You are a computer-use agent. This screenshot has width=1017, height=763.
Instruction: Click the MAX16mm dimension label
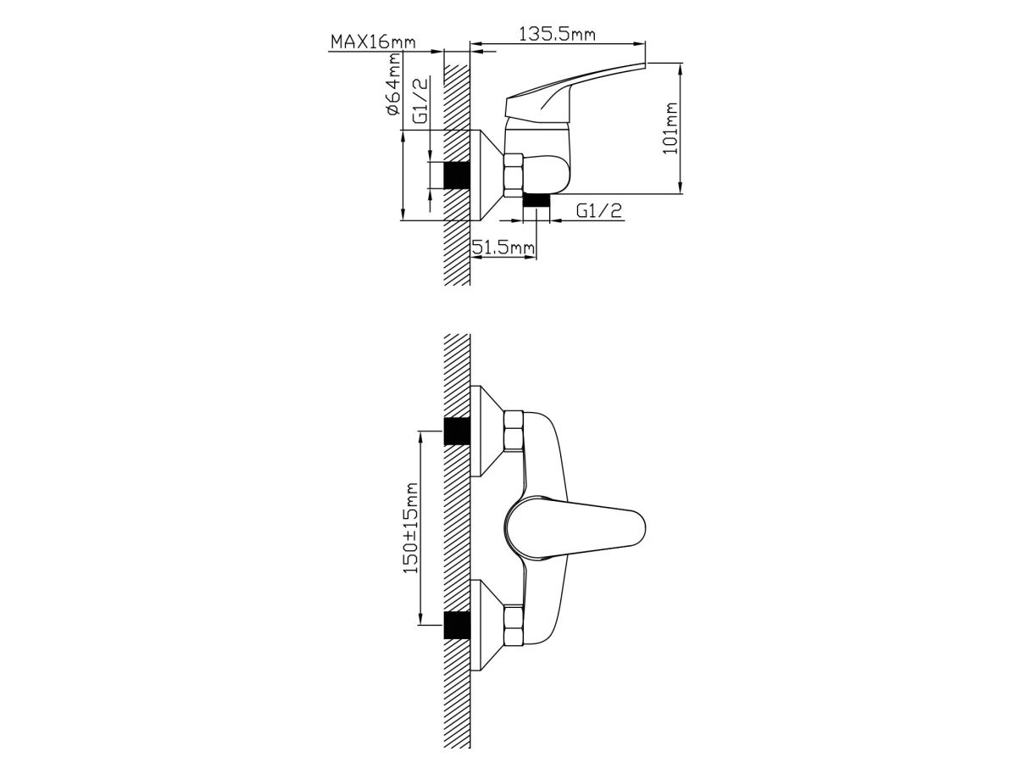[x=373, y=42]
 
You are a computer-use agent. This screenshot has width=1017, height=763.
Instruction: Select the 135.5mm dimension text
[x=557, y=34]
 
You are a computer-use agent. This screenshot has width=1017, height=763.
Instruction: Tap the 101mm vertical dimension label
[x=670, y=129]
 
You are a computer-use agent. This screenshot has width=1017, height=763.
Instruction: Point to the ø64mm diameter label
[x=392, y=84]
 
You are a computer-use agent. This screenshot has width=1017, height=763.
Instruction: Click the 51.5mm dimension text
[x=503, y=248]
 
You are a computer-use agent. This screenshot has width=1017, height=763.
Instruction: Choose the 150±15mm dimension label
[x=410, y=528]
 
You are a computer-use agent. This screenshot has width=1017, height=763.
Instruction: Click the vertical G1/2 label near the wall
[x=420, y=101]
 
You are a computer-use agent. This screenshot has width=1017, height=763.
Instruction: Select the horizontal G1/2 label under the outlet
[x=598, y=211]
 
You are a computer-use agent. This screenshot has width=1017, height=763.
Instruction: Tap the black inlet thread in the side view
[x=457, y=175]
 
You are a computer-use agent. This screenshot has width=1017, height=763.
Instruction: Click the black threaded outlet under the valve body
[x=536, y=201]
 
